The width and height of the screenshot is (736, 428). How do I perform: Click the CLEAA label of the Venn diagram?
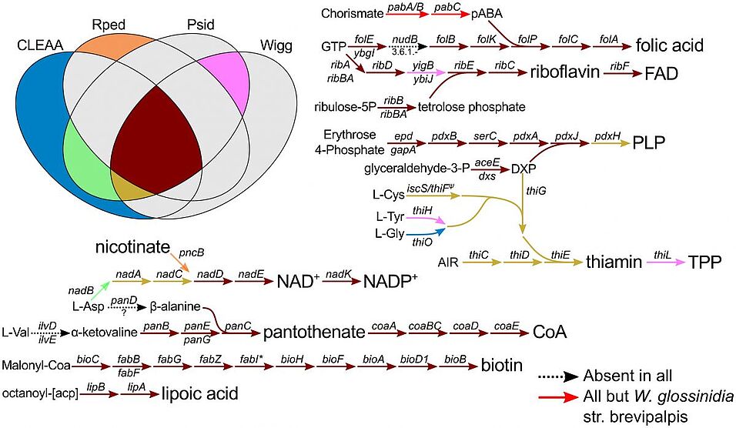pos(39,45)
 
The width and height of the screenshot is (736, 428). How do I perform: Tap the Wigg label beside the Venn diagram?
pos(276,45)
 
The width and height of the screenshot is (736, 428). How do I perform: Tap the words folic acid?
pos(669,45)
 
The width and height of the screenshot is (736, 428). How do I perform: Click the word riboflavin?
pos(564,72)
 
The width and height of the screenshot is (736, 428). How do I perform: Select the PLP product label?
pos(649,142)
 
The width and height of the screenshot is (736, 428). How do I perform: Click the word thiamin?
pos(614,262)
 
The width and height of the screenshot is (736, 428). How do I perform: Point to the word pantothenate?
pos(314,333)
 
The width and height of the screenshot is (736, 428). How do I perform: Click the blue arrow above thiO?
pos(425,232)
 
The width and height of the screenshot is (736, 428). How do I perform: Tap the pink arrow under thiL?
pos(666,262)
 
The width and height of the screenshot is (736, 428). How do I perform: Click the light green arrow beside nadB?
pos(99,291)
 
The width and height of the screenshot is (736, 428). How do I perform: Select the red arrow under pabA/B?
pos(407,15)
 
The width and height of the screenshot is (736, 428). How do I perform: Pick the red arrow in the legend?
pos(558,397)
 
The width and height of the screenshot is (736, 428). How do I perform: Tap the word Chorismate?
pos(352,14)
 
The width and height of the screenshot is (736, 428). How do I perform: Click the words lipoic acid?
pos(199,393)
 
